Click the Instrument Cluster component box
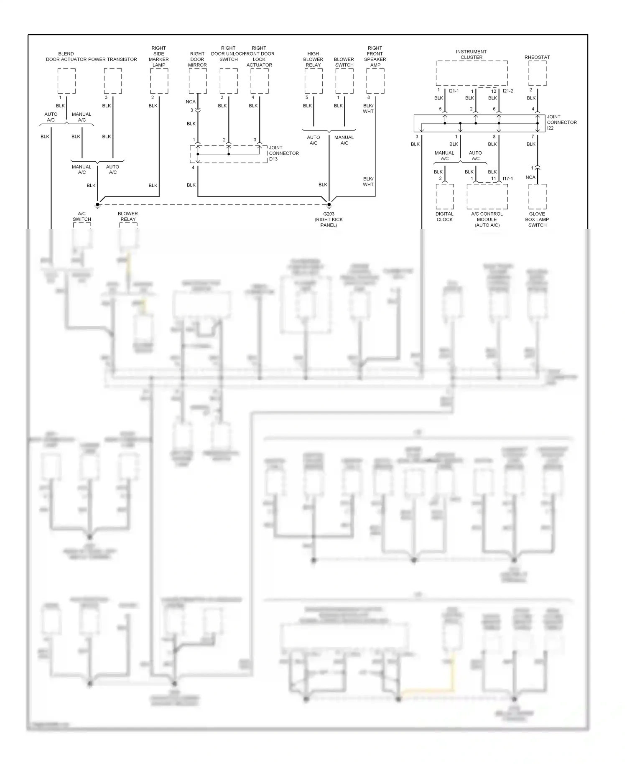pyautogui.click(x=472, y=74)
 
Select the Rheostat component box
pyautogui.click(x=537, y=74)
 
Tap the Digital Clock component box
pyautogui.click(x=444, y=196)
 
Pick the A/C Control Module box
pyautogui.click(x=487, y=196)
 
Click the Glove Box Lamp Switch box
pyautogui.click(x=537, y=196)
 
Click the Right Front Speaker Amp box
pyautogui.click(x=375, y=81)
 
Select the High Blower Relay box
pyautogui.click(x=313, y=81)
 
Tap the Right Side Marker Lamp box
pyautogui.click(x=159, y=81)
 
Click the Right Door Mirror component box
pyautogui.click(x=197, y=81)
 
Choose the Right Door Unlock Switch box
pyautogui.click(x=228, y=81)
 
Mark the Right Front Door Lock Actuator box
pyautogui.click(x=259, y=81)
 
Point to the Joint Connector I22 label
pyautogui.click(x=561, y=122)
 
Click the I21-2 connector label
pyautogui.click(x=508, y=91)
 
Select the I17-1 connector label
pyautogui.click(x=507, y=179)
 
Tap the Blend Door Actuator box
pyautogui.click(x=66, y=81)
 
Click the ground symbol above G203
pyautogui.click(x=329, y=204)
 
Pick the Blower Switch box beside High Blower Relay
pyautogui.click(x=344, y=81)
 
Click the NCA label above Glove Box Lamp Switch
pyautogui.click(x=530, y=177)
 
